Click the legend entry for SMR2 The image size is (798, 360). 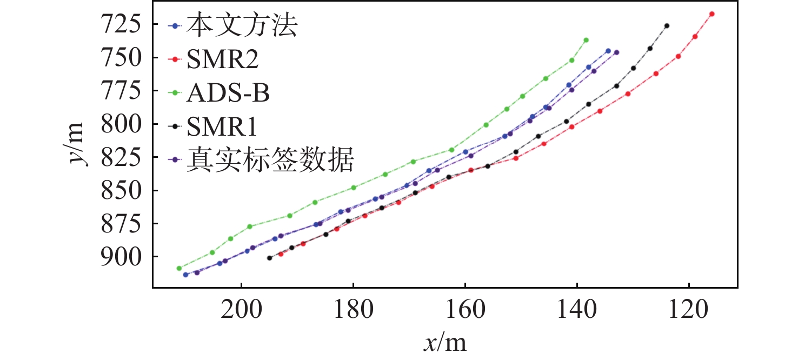pos(222,61)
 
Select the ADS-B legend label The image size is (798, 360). pos(228,94)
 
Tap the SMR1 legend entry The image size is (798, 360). pos(222,128)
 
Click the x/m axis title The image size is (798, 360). pos(444,343)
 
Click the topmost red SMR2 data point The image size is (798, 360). pos(712,14)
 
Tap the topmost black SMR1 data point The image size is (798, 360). pos(667,26)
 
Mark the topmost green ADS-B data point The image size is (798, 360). pos(586,40)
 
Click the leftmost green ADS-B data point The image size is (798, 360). pos(179,268)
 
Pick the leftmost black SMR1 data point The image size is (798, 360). pos(269,258)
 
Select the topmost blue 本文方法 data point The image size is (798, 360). pos(608,51)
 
